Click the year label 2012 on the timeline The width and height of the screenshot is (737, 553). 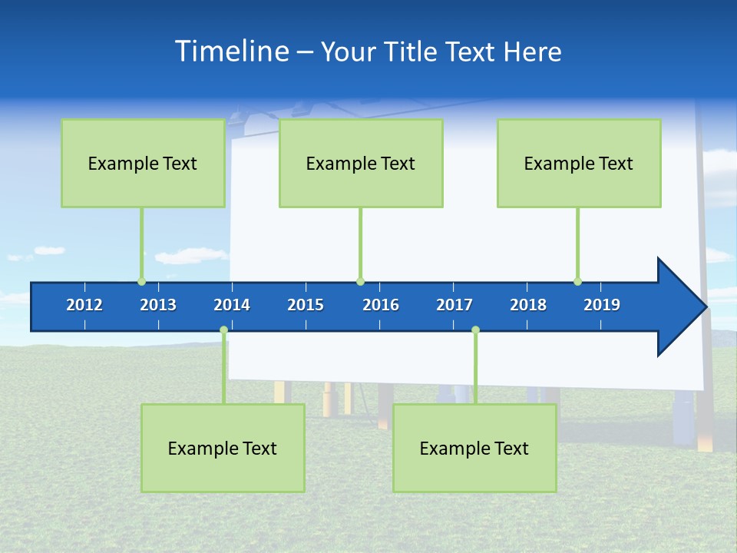tap(84, 305)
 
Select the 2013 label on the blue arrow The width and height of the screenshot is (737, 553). tap(158, 305)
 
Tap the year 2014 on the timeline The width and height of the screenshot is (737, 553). tap(232, 305)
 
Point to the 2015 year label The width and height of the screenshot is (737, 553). tap(306, 305)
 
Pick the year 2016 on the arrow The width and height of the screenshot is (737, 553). tap(381, 305)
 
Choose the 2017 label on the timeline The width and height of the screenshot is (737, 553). tap(454, 305)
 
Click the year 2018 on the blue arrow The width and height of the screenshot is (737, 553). tap(528, 305)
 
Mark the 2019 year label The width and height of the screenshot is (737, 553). tap(602, 305)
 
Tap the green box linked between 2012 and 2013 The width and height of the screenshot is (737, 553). tap(143, 163)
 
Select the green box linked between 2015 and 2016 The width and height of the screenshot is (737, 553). tap(361, 163)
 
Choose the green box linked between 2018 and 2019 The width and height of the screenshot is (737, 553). tap(579, 163)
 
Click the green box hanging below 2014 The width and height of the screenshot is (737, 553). tap(223, 448)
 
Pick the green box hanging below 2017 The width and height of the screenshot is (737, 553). tap(474, 448)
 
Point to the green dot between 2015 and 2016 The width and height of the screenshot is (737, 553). tap(360, 281)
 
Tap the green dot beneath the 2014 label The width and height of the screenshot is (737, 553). tap(223, 330)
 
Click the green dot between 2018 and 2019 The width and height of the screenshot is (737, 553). tap(577, 281)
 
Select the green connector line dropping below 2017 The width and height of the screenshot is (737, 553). tap(475, 369)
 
